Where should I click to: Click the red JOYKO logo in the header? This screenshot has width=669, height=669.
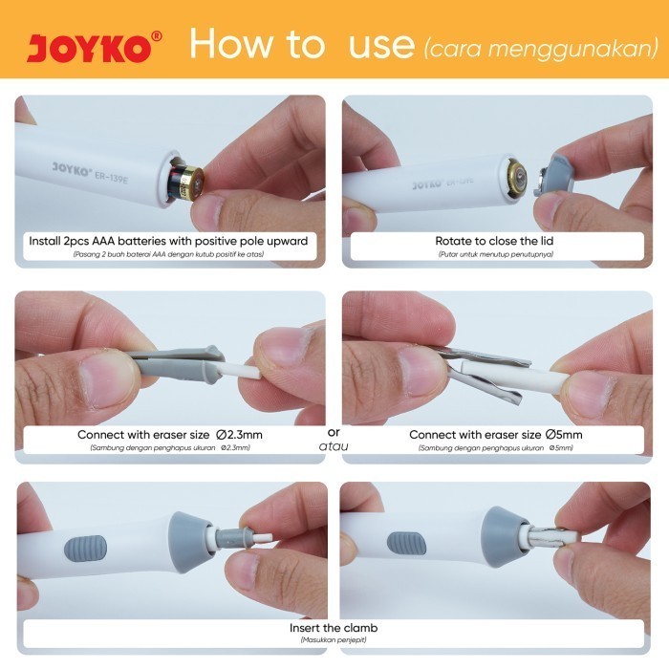[x=90, y=48]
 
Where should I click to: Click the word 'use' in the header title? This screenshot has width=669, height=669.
[x=381, y=45]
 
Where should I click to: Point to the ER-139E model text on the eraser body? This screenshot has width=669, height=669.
[x=111, y=177]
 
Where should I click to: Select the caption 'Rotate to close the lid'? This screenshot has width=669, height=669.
[x=494, y=241]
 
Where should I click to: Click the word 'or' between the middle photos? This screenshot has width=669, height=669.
[x=334, y=433]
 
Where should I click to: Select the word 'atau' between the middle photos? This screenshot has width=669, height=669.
[x=334, y=446]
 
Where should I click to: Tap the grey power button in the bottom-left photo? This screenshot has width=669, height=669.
[x=85, y=549]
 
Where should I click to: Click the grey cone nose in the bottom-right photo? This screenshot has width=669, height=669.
[x=503, y=537]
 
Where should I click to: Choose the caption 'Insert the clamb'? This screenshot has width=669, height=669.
[x=334, y=628]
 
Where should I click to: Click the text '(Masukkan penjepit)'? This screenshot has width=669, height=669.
[x=334, y=640]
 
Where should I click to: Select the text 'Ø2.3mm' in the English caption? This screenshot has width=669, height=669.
[x=239, y=435]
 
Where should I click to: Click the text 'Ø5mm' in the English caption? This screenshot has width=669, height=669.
[x=564, y=435]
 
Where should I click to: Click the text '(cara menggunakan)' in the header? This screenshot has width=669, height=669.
[x=541, y=48]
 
